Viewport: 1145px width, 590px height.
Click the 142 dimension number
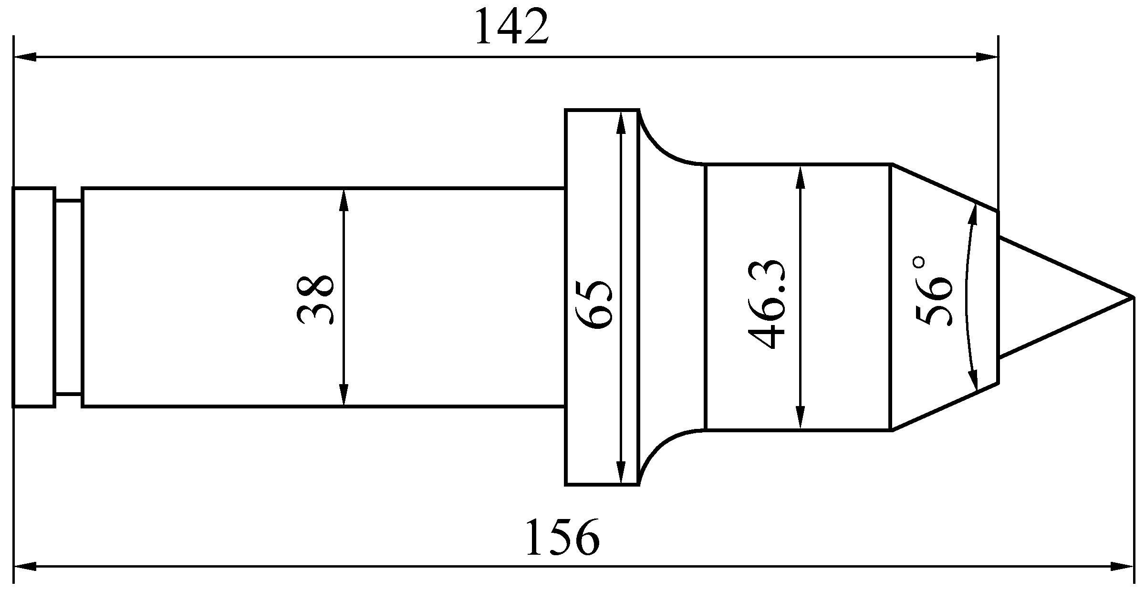coord(510,27)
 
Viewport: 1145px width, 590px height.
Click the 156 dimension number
coord(562,537)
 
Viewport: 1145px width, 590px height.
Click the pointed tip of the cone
coord(1134,298)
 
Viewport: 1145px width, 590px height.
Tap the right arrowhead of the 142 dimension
coord(987,57)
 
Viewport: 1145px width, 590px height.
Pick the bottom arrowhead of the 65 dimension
coord(621,473)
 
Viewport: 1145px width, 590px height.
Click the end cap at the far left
coord(34,297)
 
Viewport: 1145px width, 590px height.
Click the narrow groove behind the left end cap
coord(69,298)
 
